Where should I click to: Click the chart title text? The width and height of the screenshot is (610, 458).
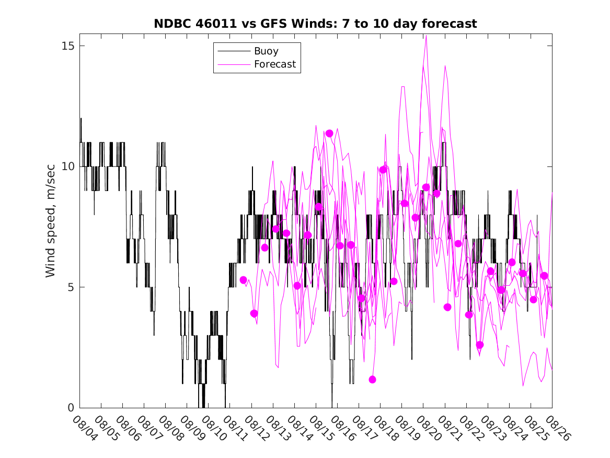315,24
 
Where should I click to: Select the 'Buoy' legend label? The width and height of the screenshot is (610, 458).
266,51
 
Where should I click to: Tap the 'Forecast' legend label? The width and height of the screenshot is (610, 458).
275,64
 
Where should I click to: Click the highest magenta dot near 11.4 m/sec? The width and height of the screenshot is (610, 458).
329,133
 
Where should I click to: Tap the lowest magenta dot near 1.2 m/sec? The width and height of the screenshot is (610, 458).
372,379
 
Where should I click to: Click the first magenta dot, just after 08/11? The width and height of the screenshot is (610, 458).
243,280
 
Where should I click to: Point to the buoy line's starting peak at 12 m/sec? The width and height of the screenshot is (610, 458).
81,118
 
